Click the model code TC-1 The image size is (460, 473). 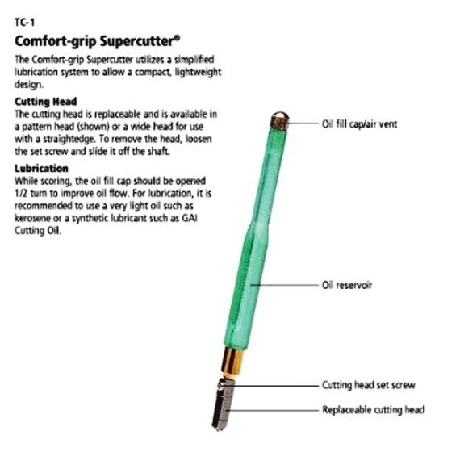tap(25, 23)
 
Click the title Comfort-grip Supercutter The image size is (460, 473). tap(98, 41)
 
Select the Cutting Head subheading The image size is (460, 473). tap(45, 102)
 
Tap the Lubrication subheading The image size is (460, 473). tap(41, 169)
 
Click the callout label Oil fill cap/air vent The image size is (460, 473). tap(359, 124)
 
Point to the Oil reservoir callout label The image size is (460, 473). tap(347, 285)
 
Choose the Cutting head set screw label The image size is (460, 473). tap(369, 385)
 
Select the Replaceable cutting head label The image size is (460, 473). tap(374, 410)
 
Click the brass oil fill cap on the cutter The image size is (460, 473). tap(279, 120)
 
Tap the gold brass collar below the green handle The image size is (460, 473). tap(232, 362)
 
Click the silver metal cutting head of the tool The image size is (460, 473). tap(224, 404)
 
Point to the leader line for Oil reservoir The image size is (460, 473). tap(284, 285)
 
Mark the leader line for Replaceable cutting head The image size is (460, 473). tap(273, 410)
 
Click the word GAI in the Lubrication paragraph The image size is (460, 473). tap(190, 218)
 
